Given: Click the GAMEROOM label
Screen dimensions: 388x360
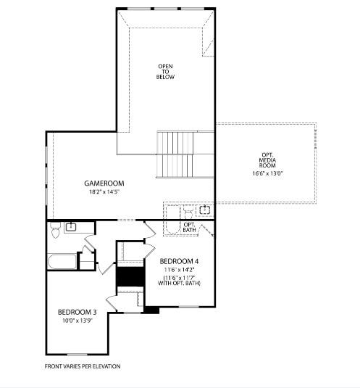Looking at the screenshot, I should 104,183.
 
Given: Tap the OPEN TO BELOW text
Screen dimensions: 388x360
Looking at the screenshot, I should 166,71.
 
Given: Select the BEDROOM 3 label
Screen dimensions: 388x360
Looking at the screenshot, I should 78,312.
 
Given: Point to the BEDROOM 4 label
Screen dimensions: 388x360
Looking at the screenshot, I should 179,260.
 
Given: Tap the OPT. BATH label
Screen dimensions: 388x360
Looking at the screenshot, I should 189,227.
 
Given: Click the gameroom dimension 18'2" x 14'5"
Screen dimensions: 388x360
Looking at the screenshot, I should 104,192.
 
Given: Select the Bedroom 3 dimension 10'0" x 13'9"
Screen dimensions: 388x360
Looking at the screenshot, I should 78,321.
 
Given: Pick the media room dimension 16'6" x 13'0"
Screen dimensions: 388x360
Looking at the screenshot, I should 267,173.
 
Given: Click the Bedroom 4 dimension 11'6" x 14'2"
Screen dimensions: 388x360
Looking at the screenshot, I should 179,270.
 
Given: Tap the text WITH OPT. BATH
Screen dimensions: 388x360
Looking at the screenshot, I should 179,283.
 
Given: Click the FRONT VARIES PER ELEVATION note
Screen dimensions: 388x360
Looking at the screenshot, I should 83,366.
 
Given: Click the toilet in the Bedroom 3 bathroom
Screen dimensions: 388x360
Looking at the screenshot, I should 55,231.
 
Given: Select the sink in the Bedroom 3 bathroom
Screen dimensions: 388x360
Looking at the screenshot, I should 72,227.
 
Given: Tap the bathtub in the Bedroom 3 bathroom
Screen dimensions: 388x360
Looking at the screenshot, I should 62,261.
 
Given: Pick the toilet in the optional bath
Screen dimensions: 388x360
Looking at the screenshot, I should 187,212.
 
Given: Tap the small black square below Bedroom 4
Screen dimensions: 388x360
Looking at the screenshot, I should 151,310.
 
